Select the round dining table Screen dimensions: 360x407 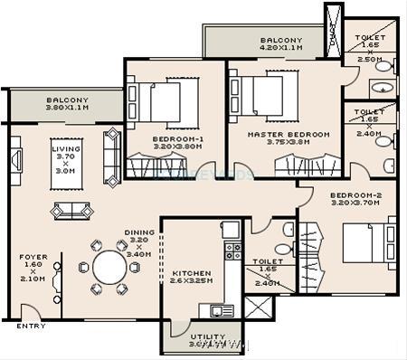point(109,268)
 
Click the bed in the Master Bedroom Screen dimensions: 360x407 point(265,92)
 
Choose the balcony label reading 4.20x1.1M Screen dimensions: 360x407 point(280,45)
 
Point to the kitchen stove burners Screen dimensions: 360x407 point(233,251)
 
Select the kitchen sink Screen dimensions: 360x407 point(222,310)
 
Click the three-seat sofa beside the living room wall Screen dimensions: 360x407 point(112,156)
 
